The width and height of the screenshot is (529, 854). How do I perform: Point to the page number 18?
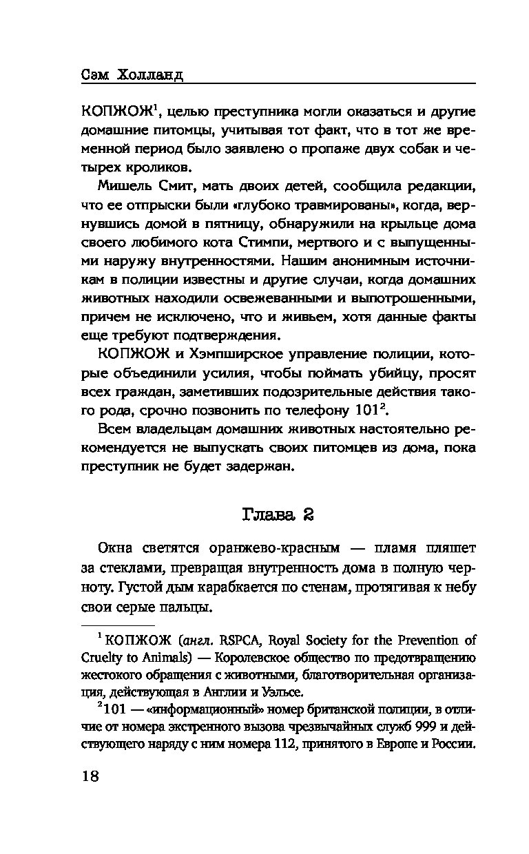(x=90, y=776)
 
